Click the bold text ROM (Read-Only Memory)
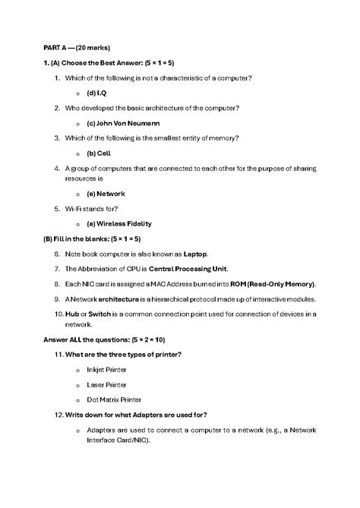pos(264,283)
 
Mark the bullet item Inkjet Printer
pos(106,369)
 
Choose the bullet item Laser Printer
pos(106,384)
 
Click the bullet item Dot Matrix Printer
pos(114,399)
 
